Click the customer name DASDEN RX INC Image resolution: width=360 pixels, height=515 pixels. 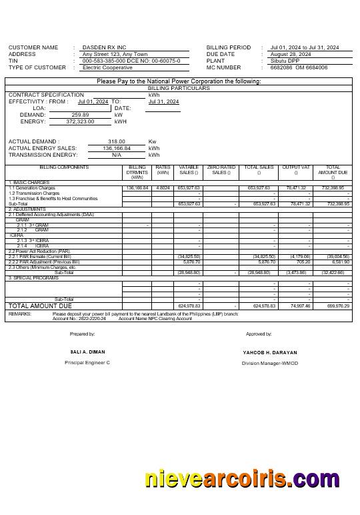coord(104,48)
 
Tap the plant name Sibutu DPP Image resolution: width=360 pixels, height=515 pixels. coord(285,61)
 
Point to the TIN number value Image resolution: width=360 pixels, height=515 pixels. coord(131,61)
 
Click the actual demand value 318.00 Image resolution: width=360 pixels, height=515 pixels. coord(117,142)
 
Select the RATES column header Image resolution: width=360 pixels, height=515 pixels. coord(163,168)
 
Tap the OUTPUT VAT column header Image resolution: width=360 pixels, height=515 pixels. coord(296,168)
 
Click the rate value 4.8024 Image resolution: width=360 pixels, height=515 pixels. coord(163,188)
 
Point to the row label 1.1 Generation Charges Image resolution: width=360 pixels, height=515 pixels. coord(32,188)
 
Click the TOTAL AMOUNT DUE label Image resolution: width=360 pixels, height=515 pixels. coord(39,306)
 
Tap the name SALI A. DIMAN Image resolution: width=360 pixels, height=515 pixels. coord(87,352)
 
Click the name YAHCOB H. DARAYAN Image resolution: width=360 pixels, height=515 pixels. coord(270,352)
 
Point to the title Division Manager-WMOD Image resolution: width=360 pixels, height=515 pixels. coord(270,363)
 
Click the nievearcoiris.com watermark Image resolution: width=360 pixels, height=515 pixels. coord(242,479)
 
